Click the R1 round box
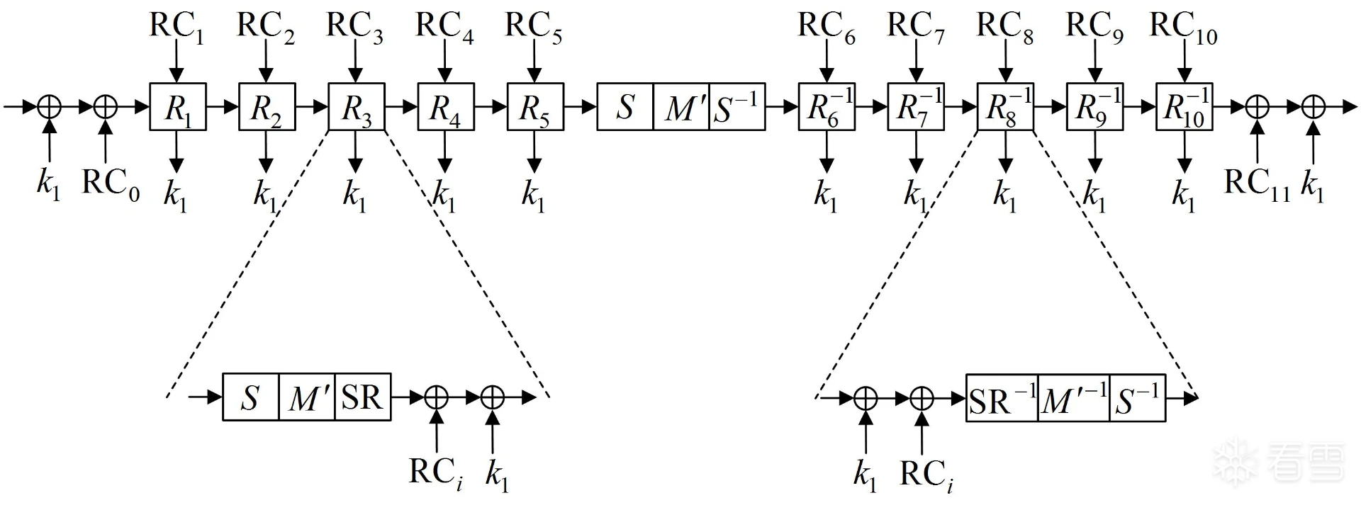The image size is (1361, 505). tap(177, 107)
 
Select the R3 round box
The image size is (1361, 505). tap(356, 107)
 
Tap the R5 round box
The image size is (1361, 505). tap(535, 107)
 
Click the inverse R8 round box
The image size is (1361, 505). tap(1005, 107)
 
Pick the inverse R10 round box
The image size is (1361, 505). tap(1184, 107)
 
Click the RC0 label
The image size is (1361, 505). tap(111, 183)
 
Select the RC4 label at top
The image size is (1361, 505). tap(444, 27)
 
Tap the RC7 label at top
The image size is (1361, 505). tap(916, 27)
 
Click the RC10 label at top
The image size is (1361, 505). tap(1182, 27)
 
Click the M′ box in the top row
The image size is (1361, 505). tap(681, 107)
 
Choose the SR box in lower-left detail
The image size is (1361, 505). tap(362, 397)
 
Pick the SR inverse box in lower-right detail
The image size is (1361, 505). tap(1002, 398)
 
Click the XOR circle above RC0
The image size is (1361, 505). tap(106, 107)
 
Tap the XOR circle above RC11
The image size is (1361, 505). tap(1257, 107)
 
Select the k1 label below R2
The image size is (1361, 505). tap(266, 194)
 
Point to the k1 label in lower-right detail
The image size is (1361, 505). tap(865, 475)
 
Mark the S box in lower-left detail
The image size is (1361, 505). tap(250, 397)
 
